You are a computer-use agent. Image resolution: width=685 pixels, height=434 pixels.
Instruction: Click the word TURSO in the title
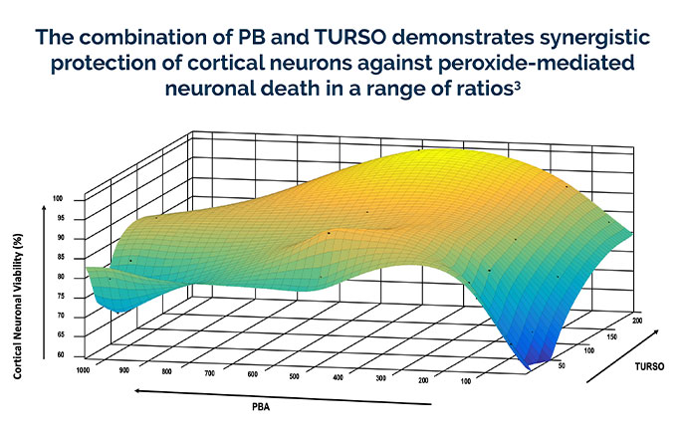click(349, 37)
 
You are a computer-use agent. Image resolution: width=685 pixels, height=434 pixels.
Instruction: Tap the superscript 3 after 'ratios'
click(518, 86)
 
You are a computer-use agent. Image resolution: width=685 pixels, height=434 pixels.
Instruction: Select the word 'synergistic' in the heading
click(594, 39)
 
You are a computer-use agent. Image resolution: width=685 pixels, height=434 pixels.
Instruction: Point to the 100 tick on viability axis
click(58, 199)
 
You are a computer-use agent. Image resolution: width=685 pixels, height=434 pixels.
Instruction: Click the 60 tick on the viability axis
click(61, 355)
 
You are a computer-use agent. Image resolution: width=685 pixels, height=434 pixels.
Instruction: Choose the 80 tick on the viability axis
click(61, 277)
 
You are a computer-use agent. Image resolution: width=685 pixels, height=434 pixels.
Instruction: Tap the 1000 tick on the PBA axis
click(83, 370)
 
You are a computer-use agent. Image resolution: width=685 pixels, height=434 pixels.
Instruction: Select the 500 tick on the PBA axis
click(294, 376)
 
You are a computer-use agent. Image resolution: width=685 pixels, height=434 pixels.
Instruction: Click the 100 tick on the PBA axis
click(466, 381)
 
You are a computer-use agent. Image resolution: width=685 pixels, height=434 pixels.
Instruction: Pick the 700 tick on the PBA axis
click(209, 373)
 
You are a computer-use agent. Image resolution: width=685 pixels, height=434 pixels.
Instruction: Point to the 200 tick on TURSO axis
click(636, 321)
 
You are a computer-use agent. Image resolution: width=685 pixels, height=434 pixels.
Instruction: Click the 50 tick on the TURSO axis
click(562, 366)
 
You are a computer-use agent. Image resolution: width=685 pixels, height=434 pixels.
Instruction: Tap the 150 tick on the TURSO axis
click(612, 336)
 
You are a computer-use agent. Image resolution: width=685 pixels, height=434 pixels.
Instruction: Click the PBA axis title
click(261, 407)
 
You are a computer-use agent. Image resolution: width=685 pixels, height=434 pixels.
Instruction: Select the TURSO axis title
click(649, 366)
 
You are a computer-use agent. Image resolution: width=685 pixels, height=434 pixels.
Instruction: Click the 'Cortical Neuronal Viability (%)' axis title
click(18, 307)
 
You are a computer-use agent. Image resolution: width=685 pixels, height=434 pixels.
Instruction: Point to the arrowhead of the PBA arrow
click(137, 391)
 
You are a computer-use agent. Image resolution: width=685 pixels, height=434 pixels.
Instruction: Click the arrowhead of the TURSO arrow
click(655, 332)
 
